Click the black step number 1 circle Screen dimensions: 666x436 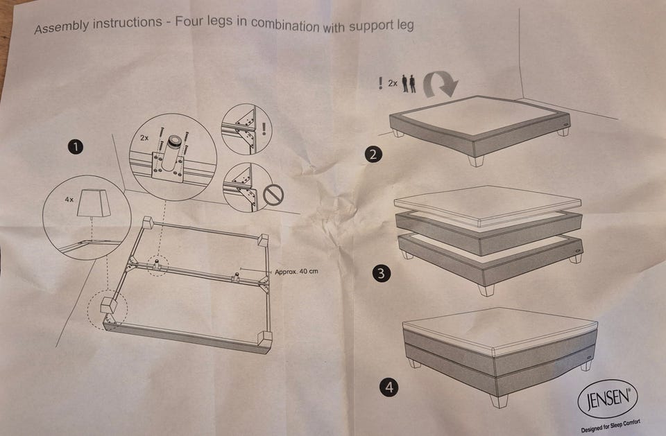coord(76,148)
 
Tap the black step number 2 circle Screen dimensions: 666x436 coord(373,154)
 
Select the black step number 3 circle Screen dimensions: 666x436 coord(381,273)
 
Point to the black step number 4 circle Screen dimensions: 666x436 coord(389,387)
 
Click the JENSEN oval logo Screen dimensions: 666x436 coord(608,399)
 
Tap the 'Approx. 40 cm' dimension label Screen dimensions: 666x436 coord(296,272)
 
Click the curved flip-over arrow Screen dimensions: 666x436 coord(441,83)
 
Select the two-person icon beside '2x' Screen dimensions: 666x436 coord(409,84)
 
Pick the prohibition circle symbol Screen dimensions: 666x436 coord(273,195)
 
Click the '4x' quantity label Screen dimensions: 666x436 coord(69,199)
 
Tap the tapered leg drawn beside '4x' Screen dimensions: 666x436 coord(94,202)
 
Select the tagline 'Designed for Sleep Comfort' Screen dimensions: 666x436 coord(610,426)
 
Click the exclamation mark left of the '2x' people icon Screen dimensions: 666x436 coord(381,83)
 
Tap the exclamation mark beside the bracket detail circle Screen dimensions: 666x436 coord(264,129)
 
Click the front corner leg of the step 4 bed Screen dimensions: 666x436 coord(499,401)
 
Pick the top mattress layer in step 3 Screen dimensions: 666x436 coord(488,205)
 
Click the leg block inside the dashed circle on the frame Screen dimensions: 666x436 coord(109,305)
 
